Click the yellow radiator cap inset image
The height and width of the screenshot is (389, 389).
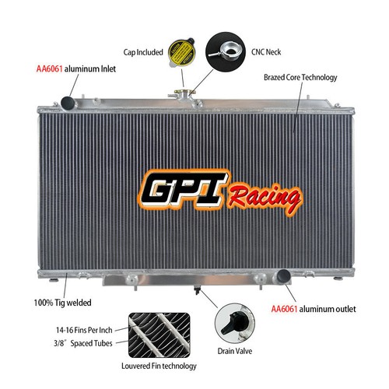tap(182, 51)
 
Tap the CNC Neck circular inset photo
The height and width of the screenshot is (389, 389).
tap(226, 52)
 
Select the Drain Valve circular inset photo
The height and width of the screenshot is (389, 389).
tap(235, 323)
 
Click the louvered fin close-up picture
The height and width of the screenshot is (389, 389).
tap(159, 335)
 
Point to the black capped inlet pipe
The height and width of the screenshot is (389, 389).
tap(68, 103)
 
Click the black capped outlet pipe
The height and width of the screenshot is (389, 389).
tap(284, 276)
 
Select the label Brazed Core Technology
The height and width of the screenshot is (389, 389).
tap(300, 77)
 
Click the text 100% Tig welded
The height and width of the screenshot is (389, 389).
tap(62, 303)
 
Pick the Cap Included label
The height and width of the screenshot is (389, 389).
tap(143, 52)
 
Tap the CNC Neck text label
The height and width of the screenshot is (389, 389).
tap(266, 52)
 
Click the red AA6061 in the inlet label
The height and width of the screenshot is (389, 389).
tap(49, 69)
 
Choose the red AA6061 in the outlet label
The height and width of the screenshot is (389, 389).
tap(284, 309)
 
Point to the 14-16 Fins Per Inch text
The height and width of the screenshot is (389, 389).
tap(84, 330)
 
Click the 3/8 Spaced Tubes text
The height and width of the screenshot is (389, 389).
tap(83, 343)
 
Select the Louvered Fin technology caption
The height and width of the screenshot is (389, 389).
tap(159, 366)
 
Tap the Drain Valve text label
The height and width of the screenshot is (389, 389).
tap(235, 351)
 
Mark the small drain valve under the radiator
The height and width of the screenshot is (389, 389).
tap(197, 290)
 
